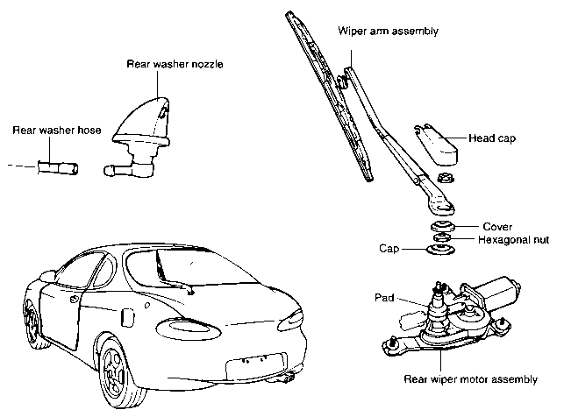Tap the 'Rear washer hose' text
(x=58, y=131)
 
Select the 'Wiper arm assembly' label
(x=389, y=32)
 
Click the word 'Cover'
(x=496, y=226)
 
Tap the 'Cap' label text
(x=390, y=249)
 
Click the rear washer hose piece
(x=55, y=166)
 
